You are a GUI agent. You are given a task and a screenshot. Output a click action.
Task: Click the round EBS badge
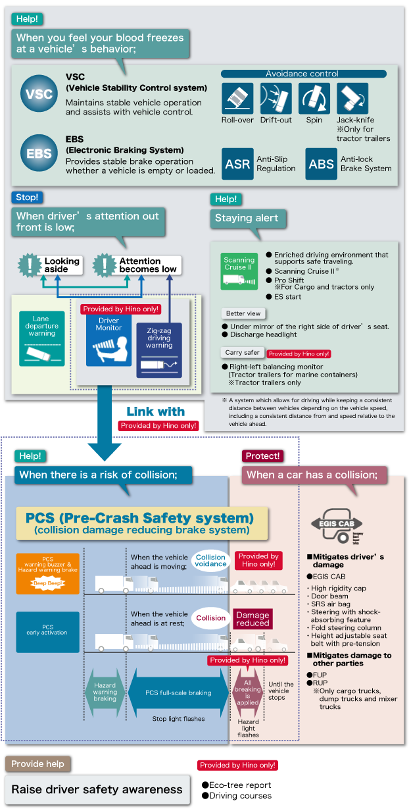(38, 153)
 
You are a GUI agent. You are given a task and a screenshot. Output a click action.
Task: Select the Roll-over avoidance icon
(237, 99)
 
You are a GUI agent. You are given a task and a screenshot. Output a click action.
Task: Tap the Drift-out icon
(276, 99)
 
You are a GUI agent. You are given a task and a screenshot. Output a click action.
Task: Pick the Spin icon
(314, 99)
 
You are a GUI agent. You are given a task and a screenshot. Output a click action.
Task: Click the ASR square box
(237, 164)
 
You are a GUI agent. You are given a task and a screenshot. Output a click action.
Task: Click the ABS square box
(321, 164)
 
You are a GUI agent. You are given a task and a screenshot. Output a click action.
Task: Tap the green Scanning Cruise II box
(239, 271)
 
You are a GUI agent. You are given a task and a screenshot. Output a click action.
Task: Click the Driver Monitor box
(108, 340)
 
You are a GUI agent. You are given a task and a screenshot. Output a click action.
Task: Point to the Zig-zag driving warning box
(158, 350)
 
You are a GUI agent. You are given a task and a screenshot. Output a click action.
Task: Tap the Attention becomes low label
(138, 265)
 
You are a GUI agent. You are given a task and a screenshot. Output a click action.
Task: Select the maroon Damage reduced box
(253, 619)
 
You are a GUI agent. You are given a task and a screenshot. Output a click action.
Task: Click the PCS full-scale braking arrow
(178, 693)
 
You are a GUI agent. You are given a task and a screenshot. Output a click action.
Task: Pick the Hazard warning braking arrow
(105, 693)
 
